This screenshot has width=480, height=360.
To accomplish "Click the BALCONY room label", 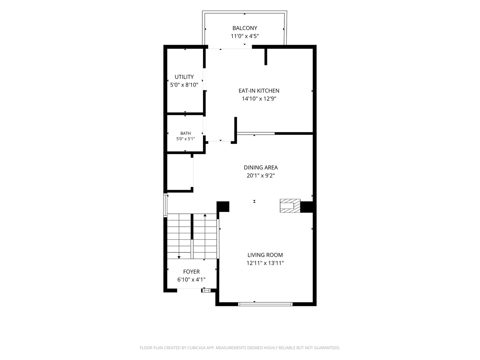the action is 244,28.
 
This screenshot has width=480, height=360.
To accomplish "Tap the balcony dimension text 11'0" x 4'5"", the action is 245,36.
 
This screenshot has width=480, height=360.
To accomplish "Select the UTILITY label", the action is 184,77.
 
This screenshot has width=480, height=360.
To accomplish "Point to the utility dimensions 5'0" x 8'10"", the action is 184,85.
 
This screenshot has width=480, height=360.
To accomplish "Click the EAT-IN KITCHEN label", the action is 259,90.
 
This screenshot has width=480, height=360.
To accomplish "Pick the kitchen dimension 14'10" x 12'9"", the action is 259,99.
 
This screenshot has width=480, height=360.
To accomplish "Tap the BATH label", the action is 185,133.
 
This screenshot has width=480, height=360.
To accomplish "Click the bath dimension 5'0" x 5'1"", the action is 185,139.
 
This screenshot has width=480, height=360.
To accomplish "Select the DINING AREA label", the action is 261,167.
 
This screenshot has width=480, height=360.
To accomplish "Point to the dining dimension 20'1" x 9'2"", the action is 261,176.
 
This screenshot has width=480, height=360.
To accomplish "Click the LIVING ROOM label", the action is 265,255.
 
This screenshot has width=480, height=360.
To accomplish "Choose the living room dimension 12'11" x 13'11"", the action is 265,263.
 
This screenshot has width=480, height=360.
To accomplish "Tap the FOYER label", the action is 191,272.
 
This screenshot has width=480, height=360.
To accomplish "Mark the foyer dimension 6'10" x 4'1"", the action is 191,280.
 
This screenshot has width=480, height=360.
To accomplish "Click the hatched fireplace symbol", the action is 290,206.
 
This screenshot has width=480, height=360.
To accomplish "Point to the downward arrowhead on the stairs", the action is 179,257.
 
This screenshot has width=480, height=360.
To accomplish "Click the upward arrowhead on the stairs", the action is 205,215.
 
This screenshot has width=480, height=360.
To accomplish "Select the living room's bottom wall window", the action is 265,304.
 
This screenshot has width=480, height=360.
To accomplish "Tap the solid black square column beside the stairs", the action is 223,207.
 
